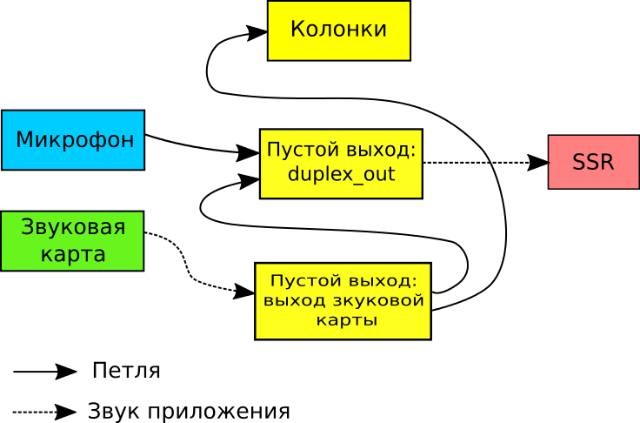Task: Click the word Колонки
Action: [x=338, y=30]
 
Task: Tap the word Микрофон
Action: [x=75, y=139]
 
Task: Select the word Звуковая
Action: [x=73, y=228]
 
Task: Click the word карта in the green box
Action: [x=73, y=255]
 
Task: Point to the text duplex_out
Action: [x=341, y=174]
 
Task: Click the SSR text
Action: [x=593, y=162]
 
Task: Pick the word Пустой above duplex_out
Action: [x=297, y=151]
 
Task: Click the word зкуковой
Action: [x=381, y=301]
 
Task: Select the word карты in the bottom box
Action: [x=346, y=320]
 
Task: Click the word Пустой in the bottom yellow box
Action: [x=302, y=281]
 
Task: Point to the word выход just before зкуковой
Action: [x=294, y=301]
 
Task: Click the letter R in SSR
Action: [x=606, y=162]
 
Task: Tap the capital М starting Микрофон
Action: [x=23, y=139]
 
